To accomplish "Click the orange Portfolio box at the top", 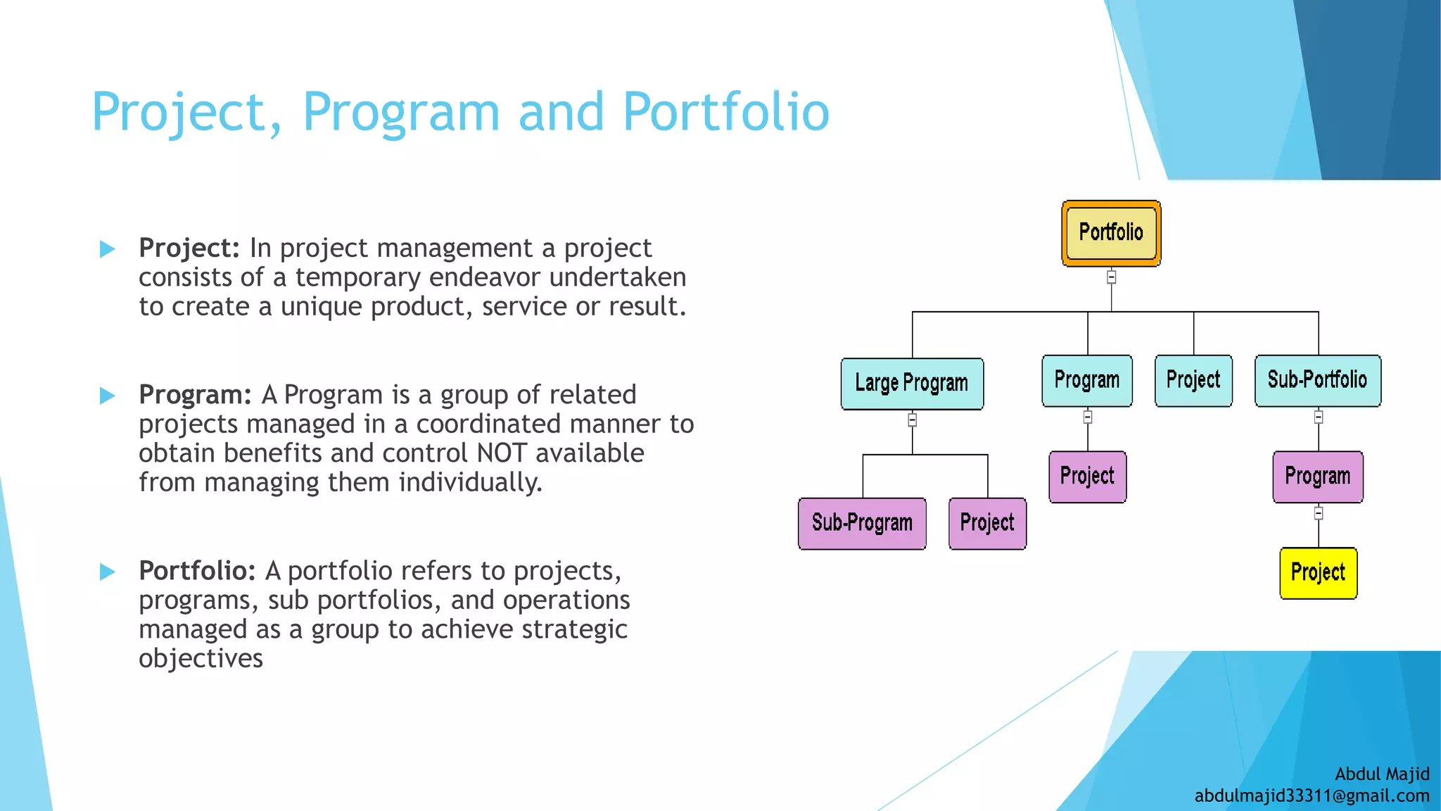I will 1111,233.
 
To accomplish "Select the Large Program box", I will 912,384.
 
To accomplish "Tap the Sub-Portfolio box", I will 1317,380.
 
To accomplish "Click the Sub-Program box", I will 862,523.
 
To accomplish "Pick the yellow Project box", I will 1318,573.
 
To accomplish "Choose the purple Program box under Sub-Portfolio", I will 1317,477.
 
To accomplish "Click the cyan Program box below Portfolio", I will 1086,380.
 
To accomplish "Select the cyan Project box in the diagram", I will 1193,380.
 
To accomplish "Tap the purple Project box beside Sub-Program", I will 987,523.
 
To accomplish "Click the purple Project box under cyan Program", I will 1087,477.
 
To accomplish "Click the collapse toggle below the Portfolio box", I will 1111,277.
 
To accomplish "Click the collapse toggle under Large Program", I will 912,420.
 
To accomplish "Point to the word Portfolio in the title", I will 725,112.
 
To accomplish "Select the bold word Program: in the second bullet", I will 195,395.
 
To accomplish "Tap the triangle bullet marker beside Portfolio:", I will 108,572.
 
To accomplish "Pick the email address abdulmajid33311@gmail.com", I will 1312,796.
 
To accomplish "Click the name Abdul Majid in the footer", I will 1382,774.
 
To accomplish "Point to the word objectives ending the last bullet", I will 201,659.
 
